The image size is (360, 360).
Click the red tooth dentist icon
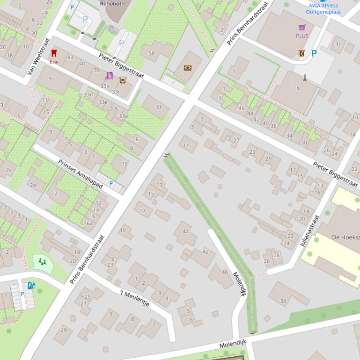[54, 54]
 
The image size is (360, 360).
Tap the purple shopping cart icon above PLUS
[302, 28]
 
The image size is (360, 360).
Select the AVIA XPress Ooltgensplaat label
[323, 9]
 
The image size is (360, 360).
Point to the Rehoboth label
[112, 3]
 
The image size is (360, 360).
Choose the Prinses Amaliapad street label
[81, 173]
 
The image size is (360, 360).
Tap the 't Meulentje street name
[135, 298]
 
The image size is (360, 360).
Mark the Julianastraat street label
[309, 230]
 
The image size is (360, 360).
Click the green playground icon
[43, 262]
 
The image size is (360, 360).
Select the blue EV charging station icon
[31, 285]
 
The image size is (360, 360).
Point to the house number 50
[151, 53]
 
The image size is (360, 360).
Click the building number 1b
[296, 88]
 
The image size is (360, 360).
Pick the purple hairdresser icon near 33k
[110, 76]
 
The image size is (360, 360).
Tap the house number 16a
[88, 223]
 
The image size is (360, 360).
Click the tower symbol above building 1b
[305, 77]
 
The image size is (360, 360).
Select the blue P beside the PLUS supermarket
[314, 53]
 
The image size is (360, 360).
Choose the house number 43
[70, 57]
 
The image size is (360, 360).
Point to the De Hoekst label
[345, 237]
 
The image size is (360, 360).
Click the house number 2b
[7, 170]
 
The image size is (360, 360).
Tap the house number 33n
[88, 94]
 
